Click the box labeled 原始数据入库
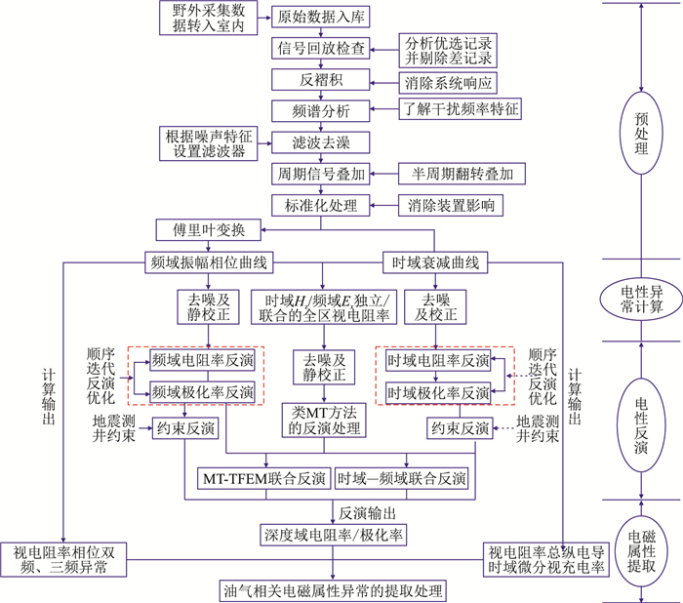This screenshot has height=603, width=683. (x=312, y=17)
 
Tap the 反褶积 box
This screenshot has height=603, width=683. (x=321, y=81)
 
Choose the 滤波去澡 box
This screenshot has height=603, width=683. (x=321, y=143)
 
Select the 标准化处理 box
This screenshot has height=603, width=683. (x=321, y=205)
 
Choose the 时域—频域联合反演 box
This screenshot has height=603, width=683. (x=401, y=480)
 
